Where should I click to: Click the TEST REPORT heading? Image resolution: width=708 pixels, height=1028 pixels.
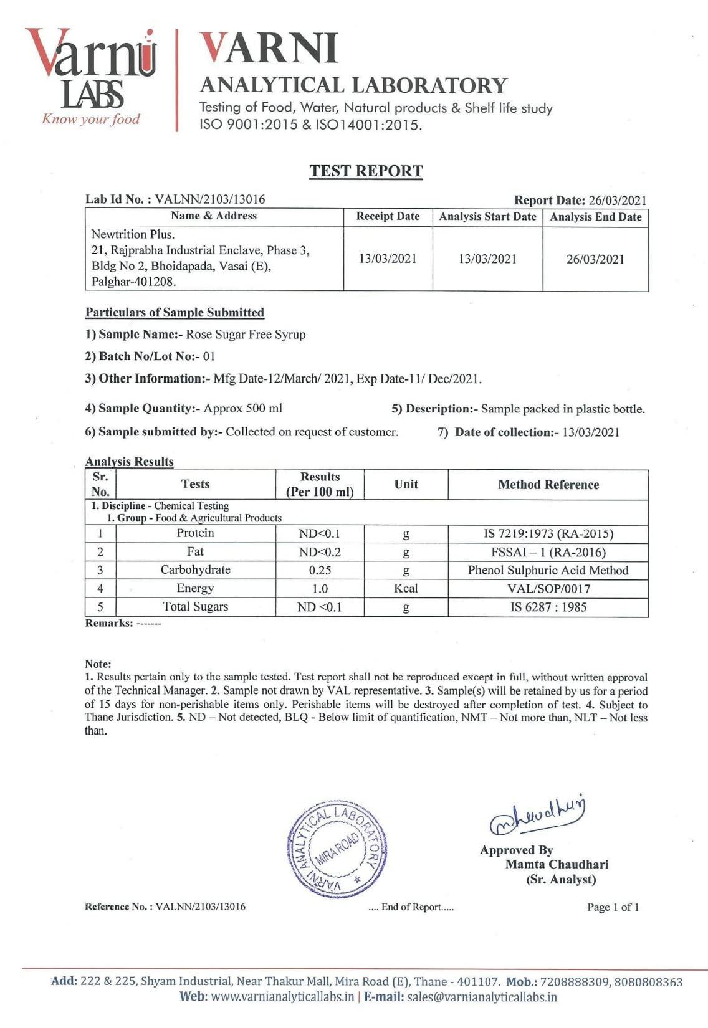[366, 171]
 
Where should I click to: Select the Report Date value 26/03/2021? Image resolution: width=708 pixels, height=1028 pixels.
[617, 201]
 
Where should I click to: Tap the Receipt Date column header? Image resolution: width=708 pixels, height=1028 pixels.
[388, 217]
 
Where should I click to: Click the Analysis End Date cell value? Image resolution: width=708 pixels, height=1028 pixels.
[595, 260]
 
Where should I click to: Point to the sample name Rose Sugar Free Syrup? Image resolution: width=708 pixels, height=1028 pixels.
[246, 335]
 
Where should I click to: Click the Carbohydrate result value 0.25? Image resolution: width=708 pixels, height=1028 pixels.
[320, 570]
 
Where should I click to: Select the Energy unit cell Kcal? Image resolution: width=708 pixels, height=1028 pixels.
[406, 588]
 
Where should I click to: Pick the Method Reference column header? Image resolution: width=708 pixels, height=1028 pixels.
[548, 485]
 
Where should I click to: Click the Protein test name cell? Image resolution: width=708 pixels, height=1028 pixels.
[195, 533]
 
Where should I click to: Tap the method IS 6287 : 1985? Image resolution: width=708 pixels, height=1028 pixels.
[548, 607]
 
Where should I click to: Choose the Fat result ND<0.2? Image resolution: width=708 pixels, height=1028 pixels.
[320, 552]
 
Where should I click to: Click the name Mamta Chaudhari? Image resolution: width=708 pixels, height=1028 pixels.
[557, 865]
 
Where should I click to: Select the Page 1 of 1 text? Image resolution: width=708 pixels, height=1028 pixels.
[613, 907]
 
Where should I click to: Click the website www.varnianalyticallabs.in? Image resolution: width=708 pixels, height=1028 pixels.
[283, 997]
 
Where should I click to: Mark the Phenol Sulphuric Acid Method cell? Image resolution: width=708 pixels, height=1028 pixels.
[548, 570]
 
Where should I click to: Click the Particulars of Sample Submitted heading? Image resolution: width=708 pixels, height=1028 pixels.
[175, 313]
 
